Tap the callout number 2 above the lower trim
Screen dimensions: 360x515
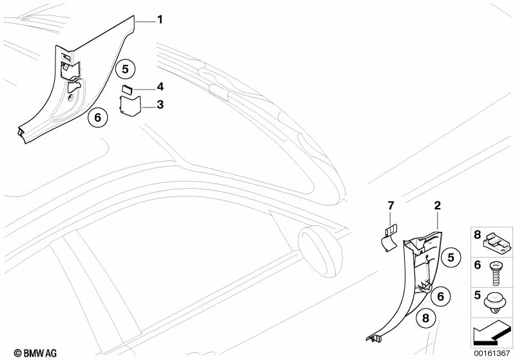437,206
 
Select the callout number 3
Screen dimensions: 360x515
159,104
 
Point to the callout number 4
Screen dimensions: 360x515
159,86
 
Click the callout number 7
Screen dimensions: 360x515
389,205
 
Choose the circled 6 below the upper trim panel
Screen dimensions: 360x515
97,118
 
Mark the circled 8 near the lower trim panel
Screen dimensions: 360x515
424,317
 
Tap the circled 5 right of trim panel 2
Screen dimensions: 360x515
451,257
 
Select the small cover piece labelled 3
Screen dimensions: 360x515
130,106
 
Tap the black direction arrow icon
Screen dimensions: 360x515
494,333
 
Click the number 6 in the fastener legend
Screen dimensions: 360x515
478,265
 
